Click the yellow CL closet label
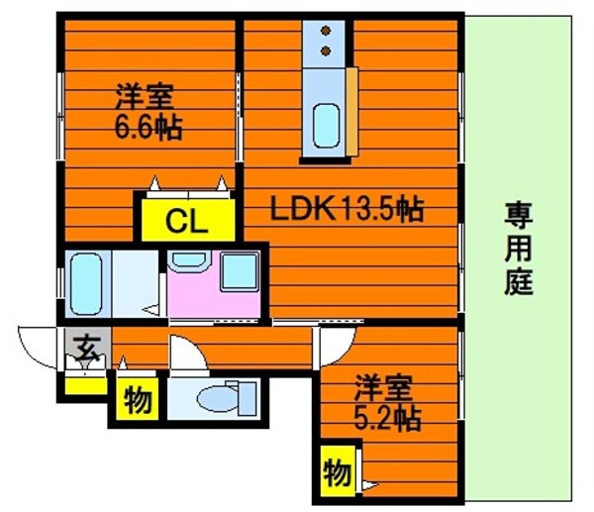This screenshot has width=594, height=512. (x=185, y=220)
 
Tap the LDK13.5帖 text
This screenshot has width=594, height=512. (x=347, y=209)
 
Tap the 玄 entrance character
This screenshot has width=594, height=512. (x=87, y=349)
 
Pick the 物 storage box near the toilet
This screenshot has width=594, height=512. (x=138, y=401)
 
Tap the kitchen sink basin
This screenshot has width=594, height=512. (x=327, y=124)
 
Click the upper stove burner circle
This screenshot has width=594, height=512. (x=326, y=32)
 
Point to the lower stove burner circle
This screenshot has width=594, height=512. (x=326, y=49)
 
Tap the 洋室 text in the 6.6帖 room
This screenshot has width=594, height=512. (x=146, y=98)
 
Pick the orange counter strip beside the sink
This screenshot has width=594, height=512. (x=351, y=111)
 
